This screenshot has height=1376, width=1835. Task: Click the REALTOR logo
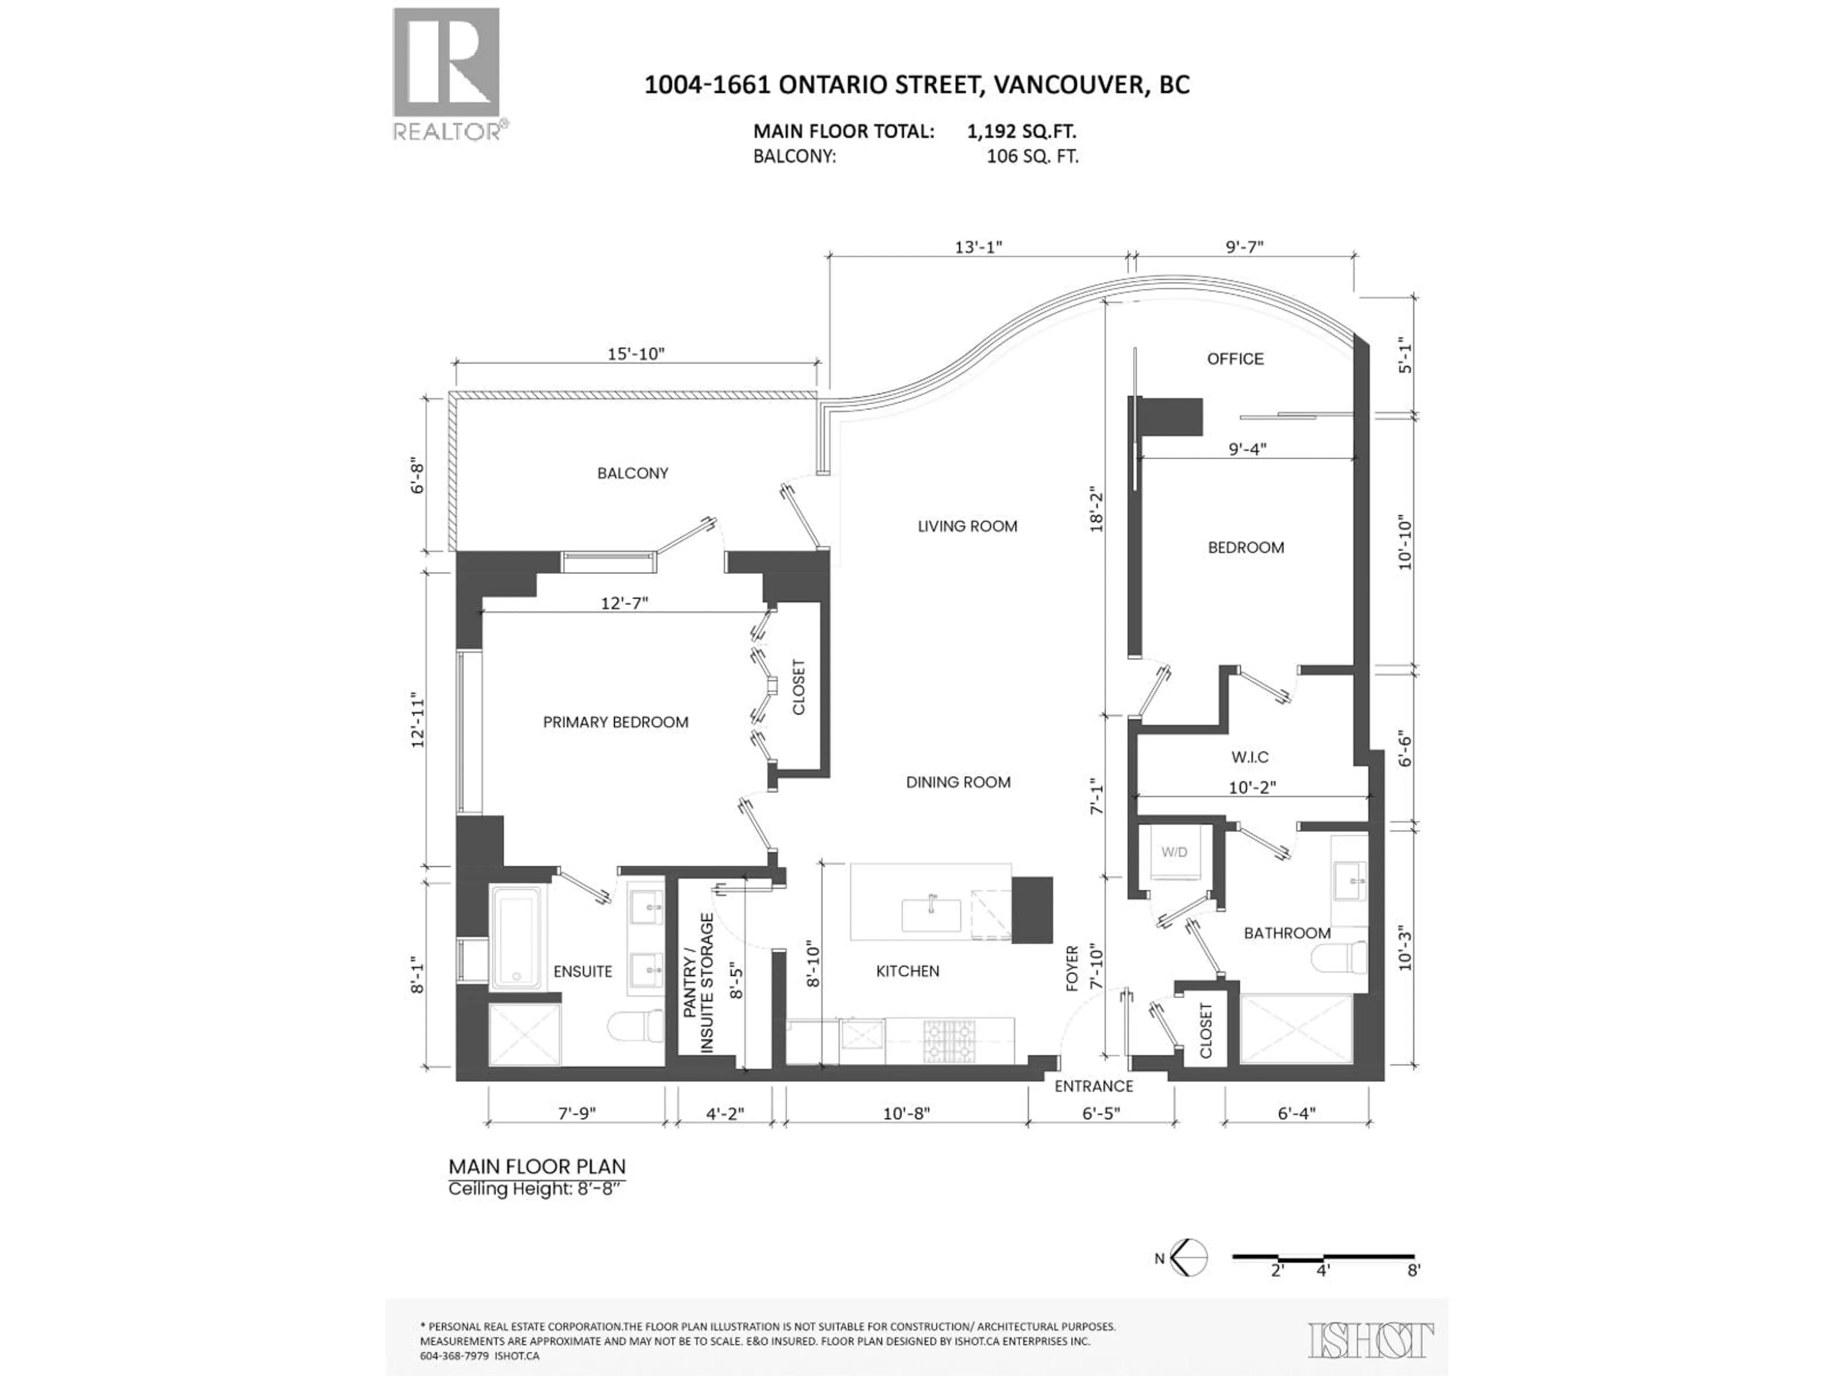click(x=446, y=73)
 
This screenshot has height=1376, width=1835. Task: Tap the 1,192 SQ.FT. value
click(x=1021, y=131)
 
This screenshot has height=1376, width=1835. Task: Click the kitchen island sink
click(x=931, y=915)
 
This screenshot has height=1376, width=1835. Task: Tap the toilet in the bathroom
click(x=1340, y=958)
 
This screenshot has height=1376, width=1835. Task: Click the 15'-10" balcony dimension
click(x=637, y=354)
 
